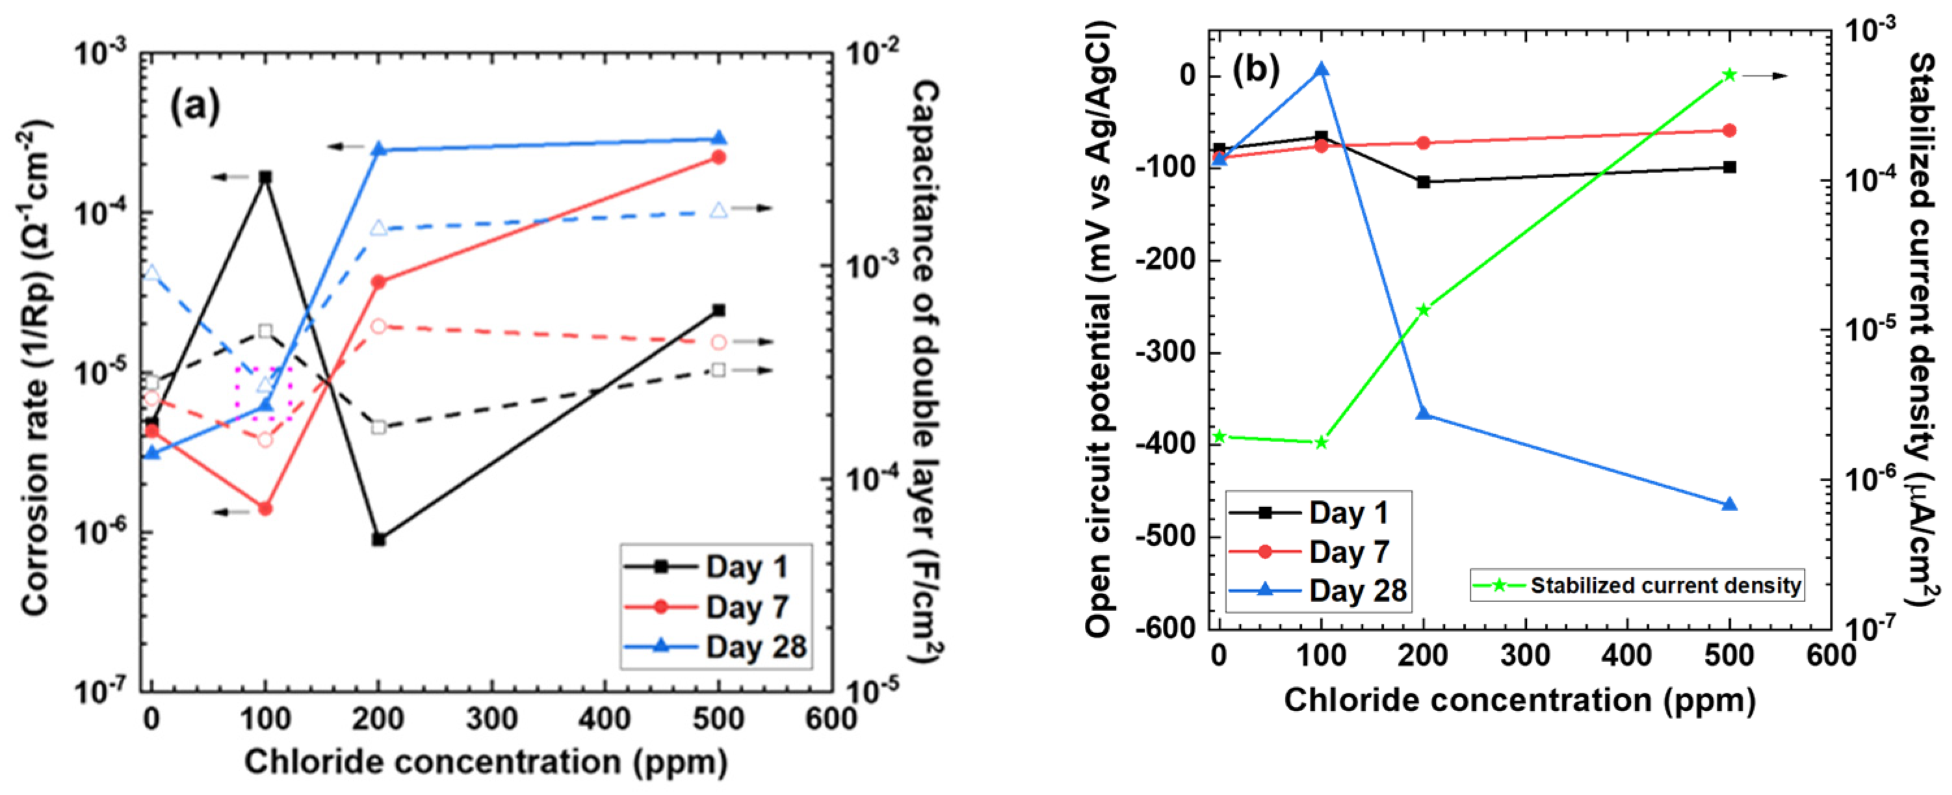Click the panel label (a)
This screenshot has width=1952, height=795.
pos(195,106)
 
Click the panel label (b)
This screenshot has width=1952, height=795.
pos(1256,69)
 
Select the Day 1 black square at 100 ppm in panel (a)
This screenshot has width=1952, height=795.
pos(265,177)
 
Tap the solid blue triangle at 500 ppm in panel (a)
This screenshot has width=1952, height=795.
pos(719,138)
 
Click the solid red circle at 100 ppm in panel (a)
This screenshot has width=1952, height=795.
pos(265,508)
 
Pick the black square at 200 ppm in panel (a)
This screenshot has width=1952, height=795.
pos(379,540)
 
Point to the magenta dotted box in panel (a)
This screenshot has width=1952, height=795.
pos(265,395)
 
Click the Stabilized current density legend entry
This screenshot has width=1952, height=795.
pos(1637,586)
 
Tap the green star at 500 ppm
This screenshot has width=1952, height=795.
pos(1730,74)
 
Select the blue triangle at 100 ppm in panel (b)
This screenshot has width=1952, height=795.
pos(1321,70)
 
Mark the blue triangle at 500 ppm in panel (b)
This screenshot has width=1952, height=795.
pos(1730,504)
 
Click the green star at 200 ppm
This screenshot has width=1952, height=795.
pos(1424,310)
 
